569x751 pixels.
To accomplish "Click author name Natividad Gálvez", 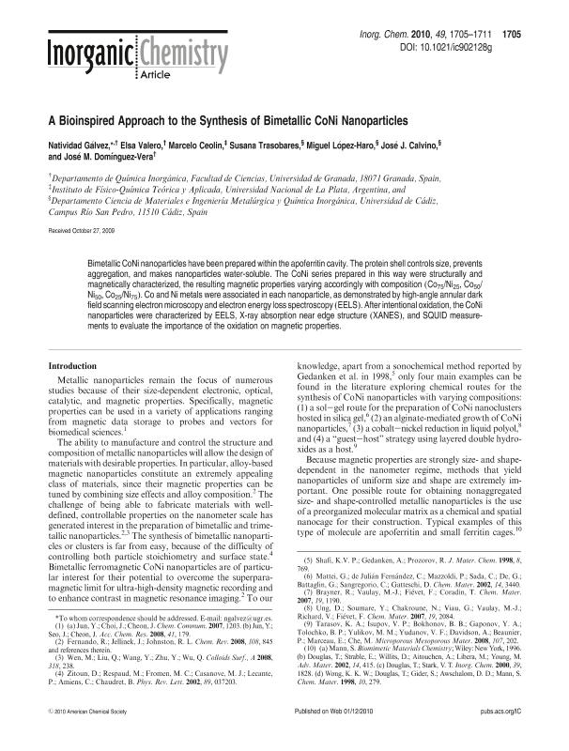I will click(78, 148).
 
